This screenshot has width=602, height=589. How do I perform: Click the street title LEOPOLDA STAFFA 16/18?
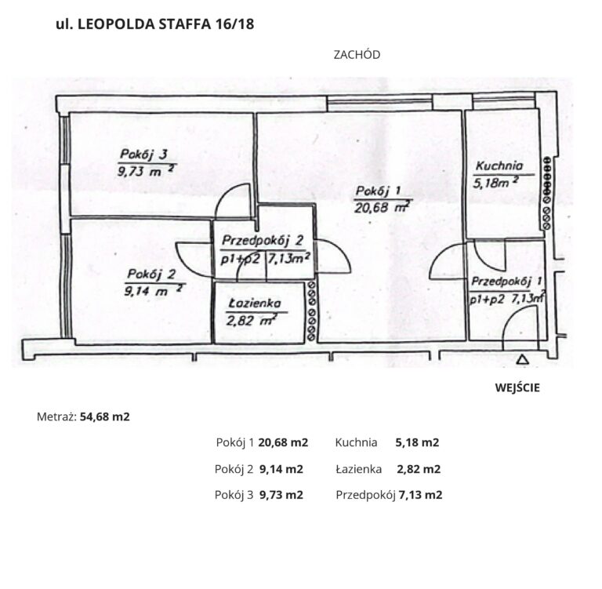[x=166, y=24]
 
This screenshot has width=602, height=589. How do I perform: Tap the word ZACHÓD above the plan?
[x=357, y=55]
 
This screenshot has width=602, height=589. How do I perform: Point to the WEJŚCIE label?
[x=517, y=387]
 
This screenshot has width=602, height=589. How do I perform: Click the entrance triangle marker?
[x=522, y=360]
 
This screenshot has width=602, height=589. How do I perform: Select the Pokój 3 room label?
[x=143, y=155]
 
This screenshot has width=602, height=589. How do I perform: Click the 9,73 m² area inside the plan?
[x=147, y=171]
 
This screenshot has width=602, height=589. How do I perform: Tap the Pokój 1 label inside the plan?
[x=378, y=191]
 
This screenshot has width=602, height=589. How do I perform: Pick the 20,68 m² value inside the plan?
[x=381, y=208]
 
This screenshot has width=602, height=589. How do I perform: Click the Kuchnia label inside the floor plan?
[x=499, y=166]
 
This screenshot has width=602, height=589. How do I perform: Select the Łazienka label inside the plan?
[x=255, y=304]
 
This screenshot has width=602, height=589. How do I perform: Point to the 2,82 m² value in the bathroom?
[x=252, y=320]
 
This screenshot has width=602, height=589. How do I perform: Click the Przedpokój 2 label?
[x=263, y=241]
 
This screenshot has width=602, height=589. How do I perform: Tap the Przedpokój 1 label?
[x=506, y=282]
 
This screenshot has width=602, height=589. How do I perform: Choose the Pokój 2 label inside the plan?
[x=151, y=275]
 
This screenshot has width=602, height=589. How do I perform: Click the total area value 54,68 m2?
[x=105, y=417]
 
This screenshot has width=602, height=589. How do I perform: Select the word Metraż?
[x=56, y=417]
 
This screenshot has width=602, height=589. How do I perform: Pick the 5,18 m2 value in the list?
[x=417, y=442]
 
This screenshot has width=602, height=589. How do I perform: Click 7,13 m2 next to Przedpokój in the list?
[x=420, y=495]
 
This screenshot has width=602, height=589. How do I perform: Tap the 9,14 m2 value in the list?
[x=281, y=469]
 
